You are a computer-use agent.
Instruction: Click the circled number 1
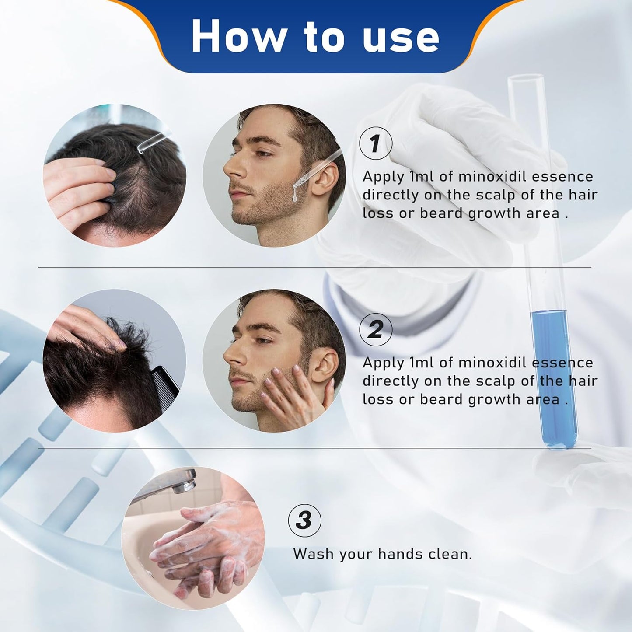click(x=375, y=143)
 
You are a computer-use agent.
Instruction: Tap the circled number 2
click(x=375, y=329)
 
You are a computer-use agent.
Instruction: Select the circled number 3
click(x=305, y=520)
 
